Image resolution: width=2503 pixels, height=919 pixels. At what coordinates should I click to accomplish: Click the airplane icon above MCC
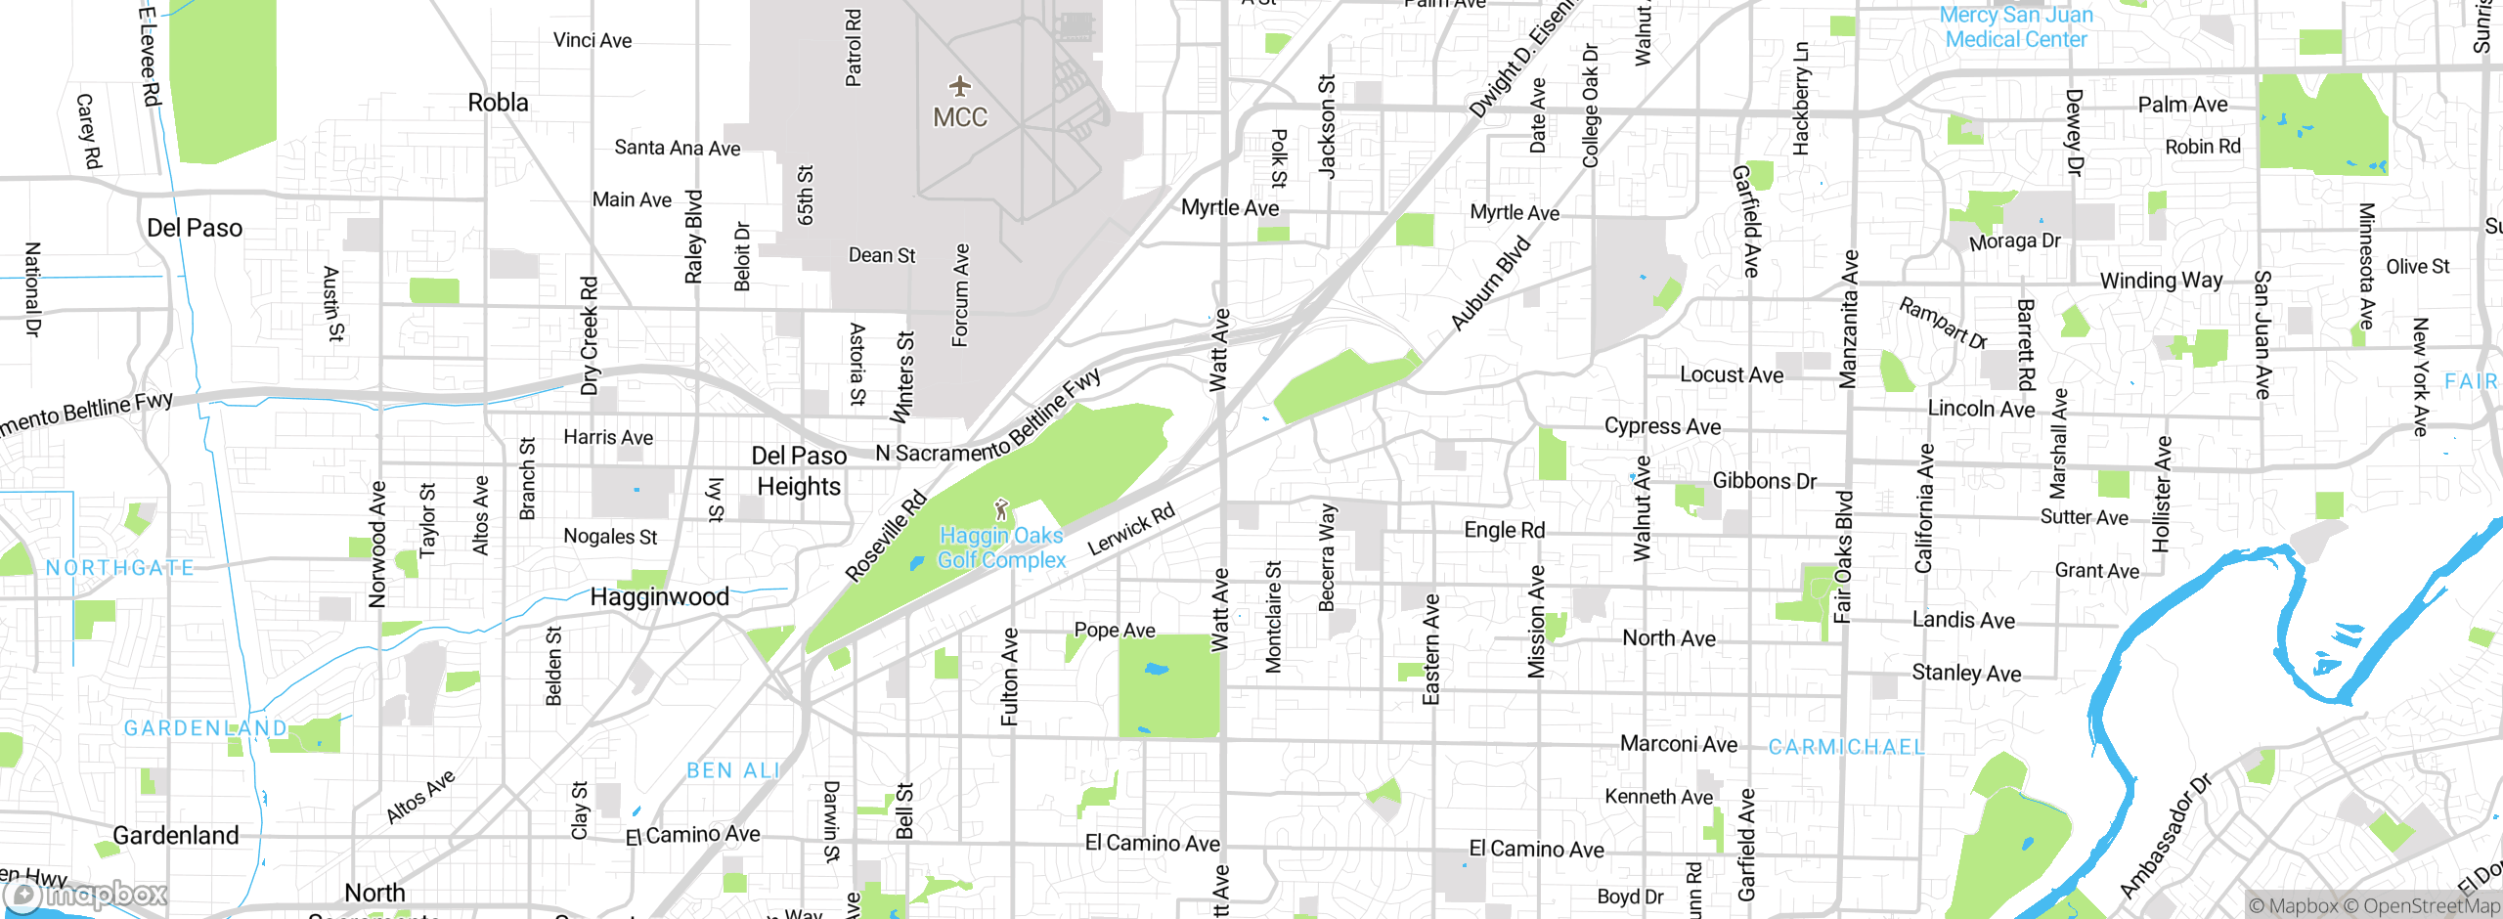(x=960, y=86)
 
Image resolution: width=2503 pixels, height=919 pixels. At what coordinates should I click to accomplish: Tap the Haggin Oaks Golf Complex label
(x=1001, y=547)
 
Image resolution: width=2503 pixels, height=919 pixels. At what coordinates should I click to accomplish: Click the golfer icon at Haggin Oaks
(x=1000, y=509)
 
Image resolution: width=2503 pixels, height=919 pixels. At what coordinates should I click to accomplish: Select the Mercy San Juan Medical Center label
(x=2016, y=27)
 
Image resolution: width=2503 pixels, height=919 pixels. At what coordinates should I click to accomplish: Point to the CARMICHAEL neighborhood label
(x=1846, y=747)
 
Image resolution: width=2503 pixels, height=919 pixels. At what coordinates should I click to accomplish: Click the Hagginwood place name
(x=659, y=596)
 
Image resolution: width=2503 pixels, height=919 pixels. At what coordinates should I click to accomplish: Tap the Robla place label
(x=498, y=103)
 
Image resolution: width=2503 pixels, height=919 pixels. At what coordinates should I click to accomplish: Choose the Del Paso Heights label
(x=799, y=471)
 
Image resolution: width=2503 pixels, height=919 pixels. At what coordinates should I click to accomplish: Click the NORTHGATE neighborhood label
(x=119, y=568)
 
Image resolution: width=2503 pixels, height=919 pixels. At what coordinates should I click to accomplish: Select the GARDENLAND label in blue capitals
(x=205, y=728)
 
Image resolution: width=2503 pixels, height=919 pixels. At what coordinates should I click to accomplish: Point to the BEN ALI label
(x=733, y=770)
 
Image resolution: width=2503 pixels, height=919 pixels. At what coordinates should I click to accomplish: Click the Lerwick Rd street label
(x=1131, y=529)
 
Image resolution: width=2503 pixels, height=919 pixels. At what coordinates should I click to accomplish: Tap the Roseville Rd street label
(x=886, y=536)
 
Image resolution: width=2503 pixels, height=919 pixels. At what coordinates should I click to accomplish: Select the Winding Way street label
(x=2161, y=281)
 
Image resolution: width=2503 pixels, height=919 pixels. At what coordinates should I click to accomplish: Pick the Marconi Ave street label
(x=1679, y=744)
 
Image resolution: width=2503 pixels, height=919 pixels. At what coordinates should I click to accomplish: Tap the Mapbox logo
(x=86, y=895)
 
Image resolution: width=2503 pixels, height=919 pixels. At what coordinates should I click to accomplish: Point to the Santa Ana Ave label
(x=677, y=148)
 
